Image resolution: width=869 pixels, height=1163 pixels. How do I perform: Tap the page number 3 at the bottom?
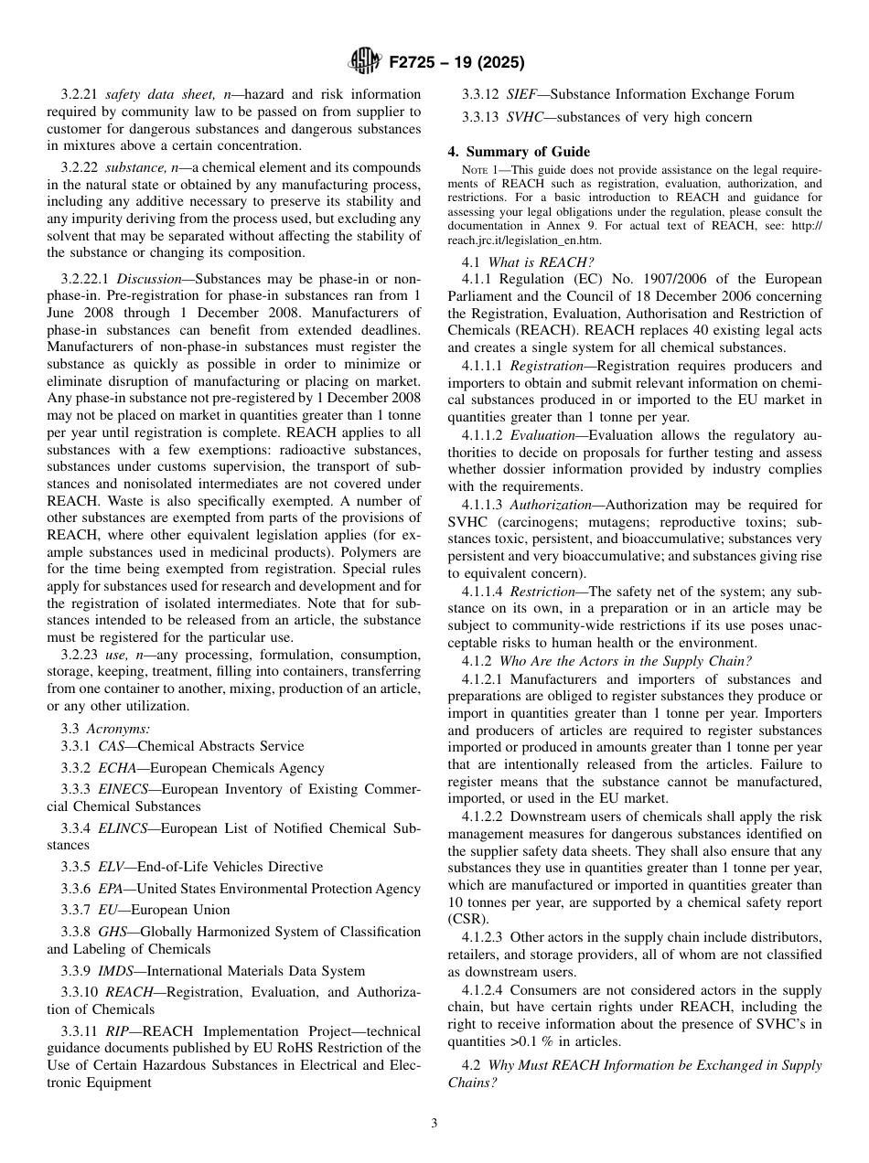[x=434, y=1124]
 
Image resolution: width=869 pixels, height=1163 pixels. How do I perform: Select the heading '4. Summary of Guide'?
[x=519, y=152]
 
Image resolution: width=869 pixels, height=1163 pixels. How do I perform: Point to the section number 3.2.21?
[x=80, y=94]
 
